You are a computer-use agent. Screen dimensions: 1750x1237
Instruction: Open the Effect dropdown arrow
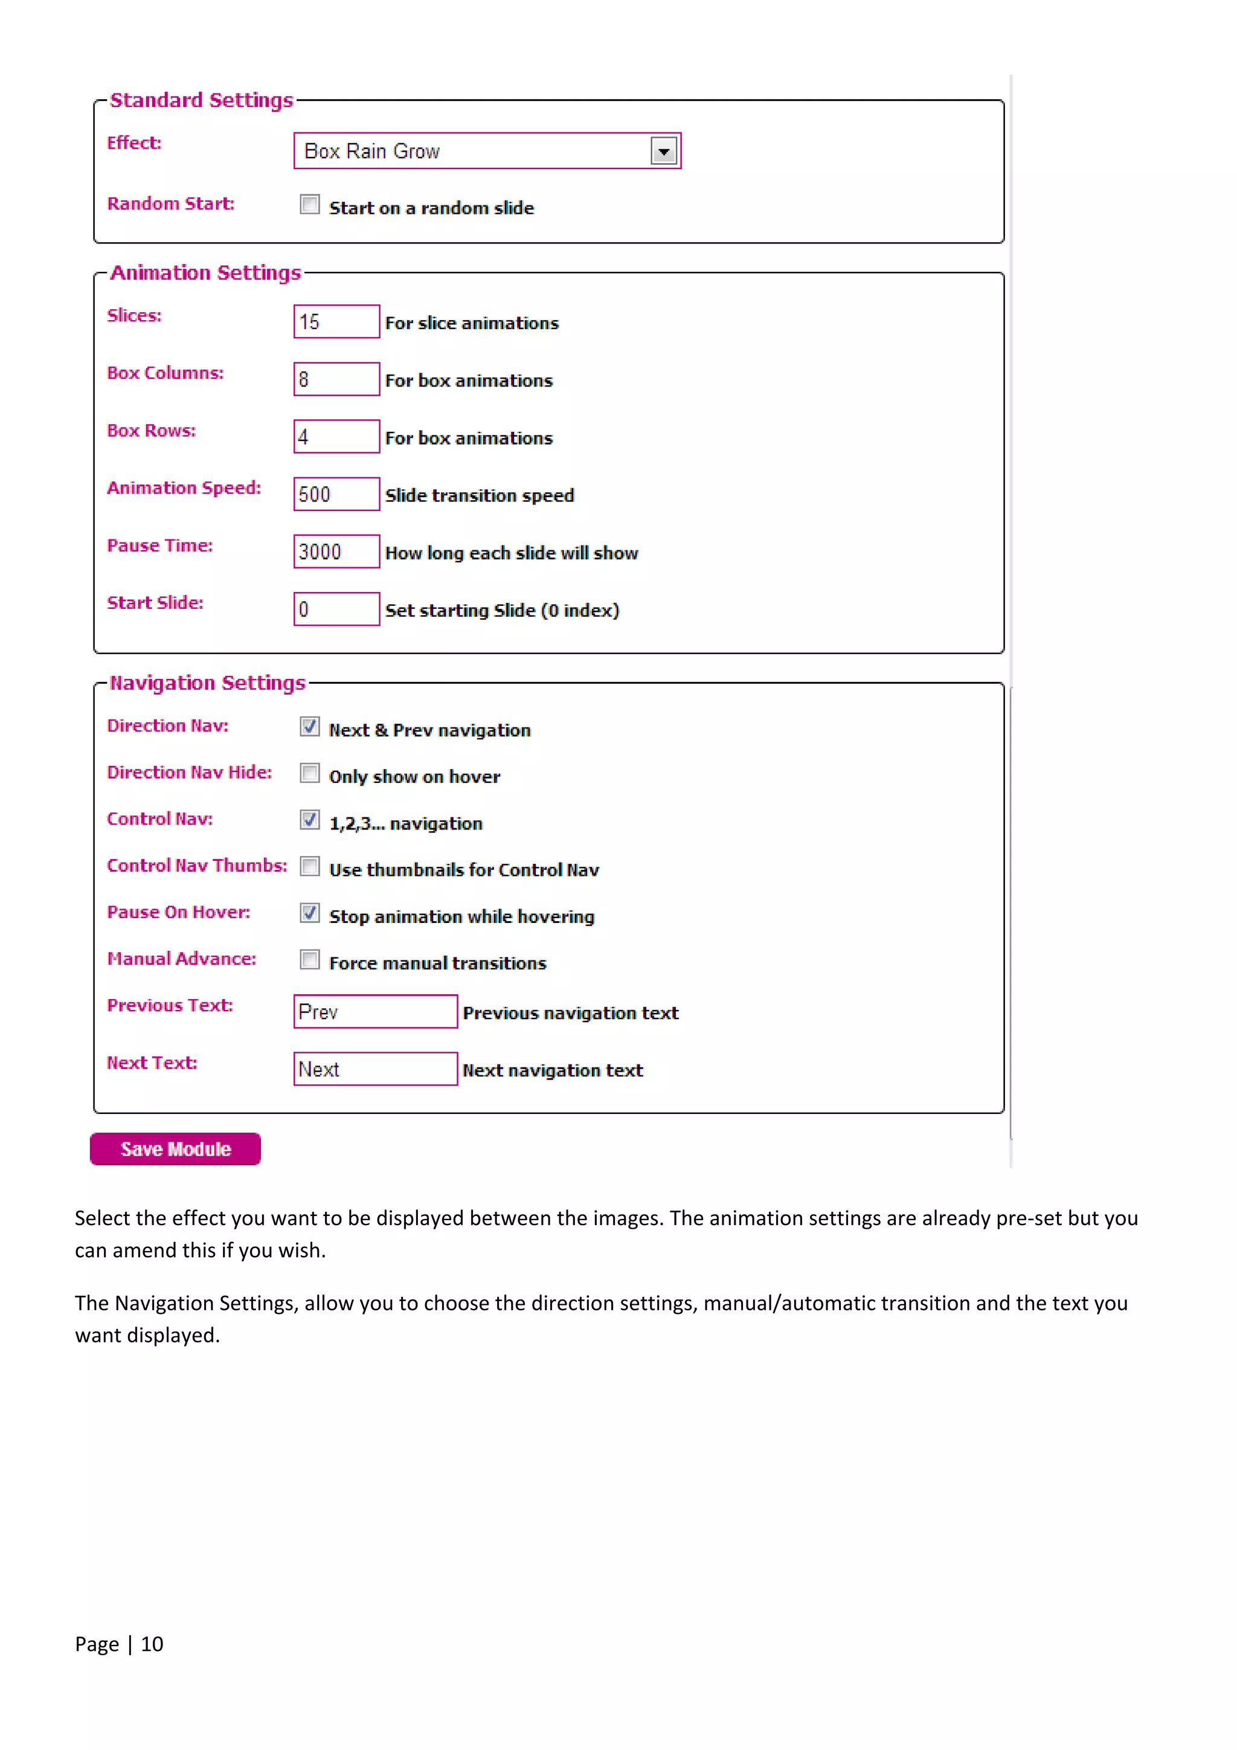click(663, 151)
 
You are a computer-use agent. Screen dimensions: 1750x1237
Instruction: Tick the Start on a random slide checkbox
click(309, 204)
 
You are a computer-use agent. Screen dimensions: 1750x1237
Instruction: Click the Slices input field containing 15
click(336, 321)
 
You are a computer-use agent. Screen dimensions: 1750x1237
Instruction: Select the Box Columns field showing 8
click(336, 379)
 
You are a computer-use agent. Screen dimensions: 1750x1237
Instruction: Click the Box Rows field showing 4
click(336, 437)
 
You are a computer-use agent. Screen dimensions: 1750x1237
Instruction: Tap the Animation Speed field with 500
click(336, 494)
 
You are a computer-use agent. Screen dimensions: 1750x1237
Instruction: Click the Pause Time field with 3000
click(336, 552)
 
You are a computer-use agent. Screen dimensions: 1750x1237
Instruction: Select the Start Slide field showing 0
click(336, 609)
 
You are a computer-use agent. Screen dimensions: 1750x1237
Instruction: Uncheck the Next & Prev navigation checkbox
click(309, 726)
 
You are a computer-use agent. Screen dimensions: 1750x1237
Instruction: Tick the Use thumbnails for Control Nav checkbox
click(309, 867)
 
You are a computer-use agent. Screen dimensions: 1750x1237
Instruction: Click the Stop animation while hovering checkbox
click(309, 913)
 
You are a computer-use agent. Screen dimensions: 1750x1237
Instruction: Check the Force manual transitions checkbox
click(309, 960)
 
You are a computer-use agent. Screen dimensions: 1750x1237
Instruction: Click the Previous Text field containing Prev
click(375, 1011)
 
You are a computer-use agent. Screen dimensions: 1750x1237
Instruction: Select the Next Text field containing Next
click(375, 1069)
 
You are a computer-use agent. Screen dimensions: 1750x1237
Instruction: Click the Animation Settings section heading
click(206, 273)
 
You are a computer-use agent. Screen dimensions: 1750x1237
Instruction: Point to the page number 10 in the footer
click(152, 1644)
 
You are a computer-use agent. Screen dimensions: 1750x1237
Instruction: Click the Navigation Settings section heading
click(207, 683)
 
